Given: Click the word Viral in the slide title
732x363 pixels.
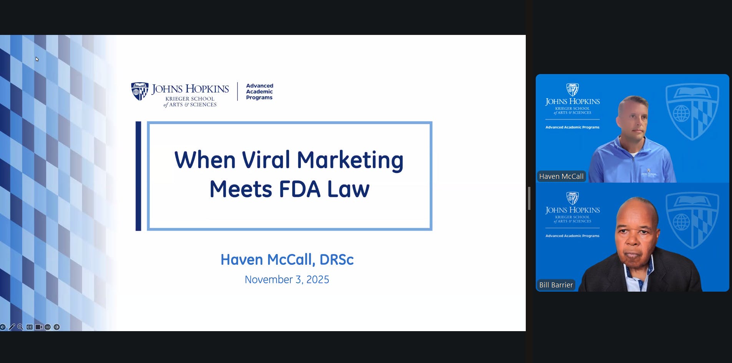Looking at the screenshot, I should [x=266, y=160].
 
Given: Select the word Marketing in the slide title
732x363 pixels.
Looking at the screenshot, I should [x=350, y=160].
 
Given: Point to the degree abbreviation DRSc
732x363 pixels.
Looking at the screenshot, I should [x=336, y=260].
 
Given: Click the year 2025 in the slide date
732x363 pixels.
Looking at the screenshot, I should [x=318, y=280].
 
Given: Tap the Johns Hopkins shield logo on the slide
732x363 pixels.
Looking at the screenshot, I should [x=139, y=91].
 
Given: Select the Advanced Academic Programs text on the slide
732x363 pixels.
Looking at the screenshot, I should [x=260, y=92].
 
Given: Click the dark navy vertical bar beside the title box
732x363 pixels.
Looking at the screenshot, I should [x=138, y=176].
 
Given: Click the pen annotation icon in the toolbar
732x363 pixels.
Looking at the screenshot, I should [x=12, y=327].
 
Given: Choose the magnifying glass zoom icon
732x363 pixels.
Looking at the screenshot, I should [x=20, y=327].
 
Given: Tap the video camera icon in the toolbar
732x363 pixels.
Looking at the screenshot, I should [x=38, y=327].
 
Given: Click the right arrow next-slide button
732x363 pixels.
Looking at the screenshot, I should [x=56, y=327].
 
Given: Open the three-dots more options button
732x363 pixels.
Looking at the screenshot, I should [x=48, y=327].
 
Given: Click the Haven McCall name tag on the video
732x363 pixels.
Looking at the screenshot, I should [x=561, y=177].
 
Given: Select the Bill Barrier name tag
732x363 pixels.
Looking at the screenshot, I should [x=556, y=285].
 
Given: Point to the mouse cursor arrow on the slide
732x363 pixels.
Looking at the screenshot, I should [x=37, y=59].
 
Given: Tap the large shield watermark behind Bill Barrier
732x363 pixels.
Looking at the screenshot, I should [x=692, y=221].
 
